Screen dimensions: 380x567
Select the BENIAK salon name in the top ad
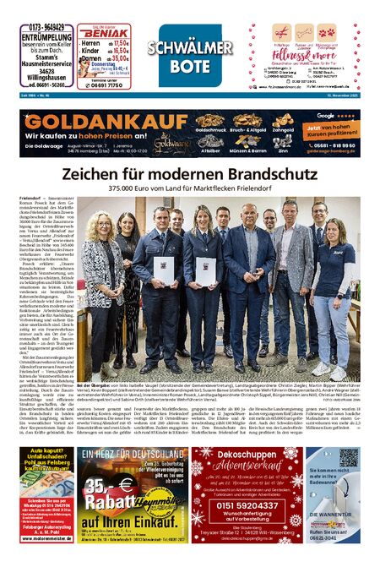(110, 30)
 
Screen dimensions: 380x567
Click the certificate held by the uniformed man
(164, 270)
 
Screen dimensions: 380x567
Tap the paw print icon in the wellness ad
(328, 34)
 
